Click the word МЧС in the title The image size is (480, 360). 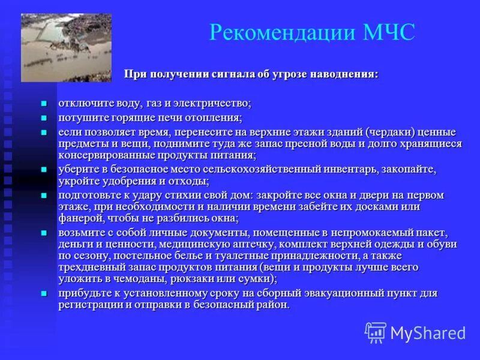(389, 32)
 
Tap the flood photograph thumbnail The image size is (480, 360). (66, 47)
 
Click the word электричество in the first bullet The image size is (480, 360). (212, 103)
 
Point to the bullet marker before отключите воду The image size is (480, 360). (43, 104)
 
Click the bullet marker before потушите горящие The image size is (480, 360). (43, 118)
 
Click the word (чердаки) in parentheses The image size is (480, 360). (379, 132)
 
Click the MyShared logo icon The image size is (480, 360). (376, 332)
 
